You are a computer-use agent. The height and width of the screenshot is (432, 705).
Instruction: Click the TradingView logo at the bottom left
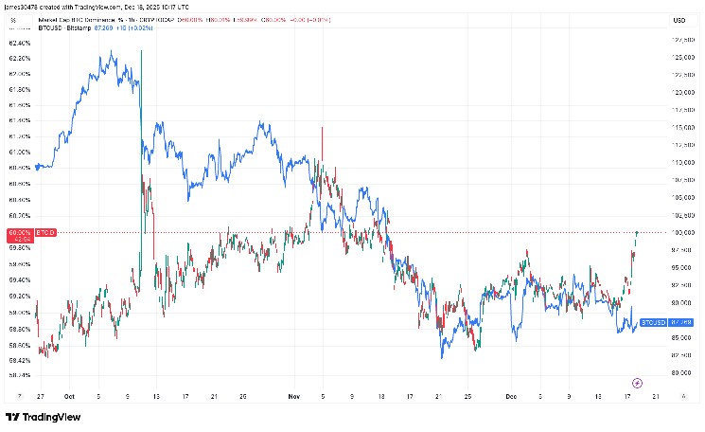(x=43, y=417)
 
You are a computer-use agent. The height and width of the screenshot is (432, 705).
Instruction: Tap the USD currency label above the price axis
(x=679, y=20)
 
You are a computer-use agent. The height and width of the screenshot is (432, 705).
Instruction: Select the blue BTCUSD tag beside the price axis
(x=652, y=323)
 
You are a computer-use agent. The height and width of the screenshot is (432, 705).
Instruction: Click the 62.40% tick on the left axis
(x=19, y=43)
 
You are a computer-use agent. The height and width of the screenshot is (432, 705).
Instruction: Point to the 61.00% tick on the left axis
(x=19, y=152)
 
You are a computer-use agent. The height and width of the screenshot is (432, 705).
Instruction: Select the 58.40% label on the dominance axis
(x=19, y=374)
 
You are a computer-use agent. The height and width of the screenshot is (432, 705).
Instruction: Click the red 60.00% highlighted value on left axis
(x=19, y=232)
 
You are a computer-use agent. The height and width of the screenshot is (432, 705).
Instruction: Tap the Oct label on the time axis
(x=69, y=397)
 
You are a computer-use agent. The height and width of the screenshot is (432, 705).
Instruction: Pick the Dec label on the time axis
(x=511, y=397)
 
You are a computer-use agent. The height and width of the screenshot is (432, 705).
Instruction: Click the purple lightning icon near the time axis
(x=637, y=383)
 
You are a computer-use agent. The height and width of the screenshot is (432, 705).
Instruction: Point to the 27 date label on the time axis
(x=40, y=397)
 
